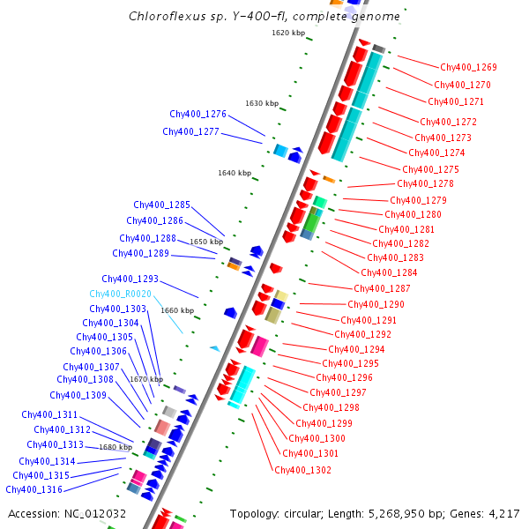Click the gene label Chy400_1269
tap(468, 67)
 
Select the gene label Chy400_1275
tap(430, 169)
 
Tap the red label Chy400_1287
tap(382, 288)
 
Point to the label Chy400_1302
tap(302, 470)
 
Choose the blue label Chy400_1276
tap(198, 115)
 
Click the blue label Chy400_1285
tap(162, 205)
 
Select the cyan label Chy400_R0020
tap(121, 294)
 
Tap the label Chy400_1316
tap(34, 489)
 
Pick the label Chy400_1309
tap(78, 395)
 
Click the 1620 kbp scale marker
tap(288, 33)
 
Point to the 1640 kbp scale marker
tap(235, 173)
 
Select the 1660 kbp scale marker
tap(177, 310)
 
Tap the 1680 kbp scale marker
tap(115, 447)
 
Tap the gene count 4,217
tap(503, 513)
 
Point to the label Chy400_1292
tap(362, 334)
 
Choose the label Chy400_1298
tap(331, 407)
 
